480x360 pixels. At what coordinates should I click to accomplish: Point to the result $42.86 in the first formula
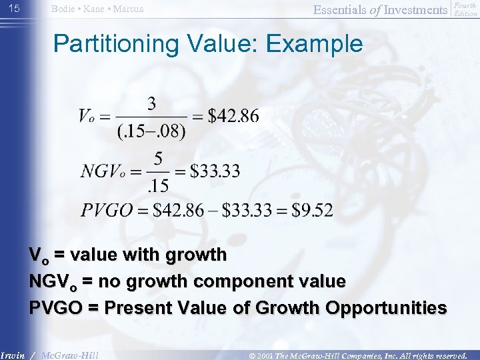[233, 116]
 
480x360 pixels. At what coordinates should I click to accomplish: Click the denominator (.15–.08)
[151, 131]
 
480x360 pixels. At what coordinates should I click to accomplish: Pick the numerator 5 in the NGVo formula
[157, 159]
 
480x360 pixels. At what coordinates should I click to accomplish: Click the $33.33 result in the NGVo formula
[215, 171]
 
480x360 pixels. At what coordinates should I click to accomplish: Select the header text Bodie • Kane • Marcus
[97, 9]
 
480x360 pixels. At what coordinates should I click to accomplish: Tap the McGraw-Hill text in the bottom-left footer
[69, 355]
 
